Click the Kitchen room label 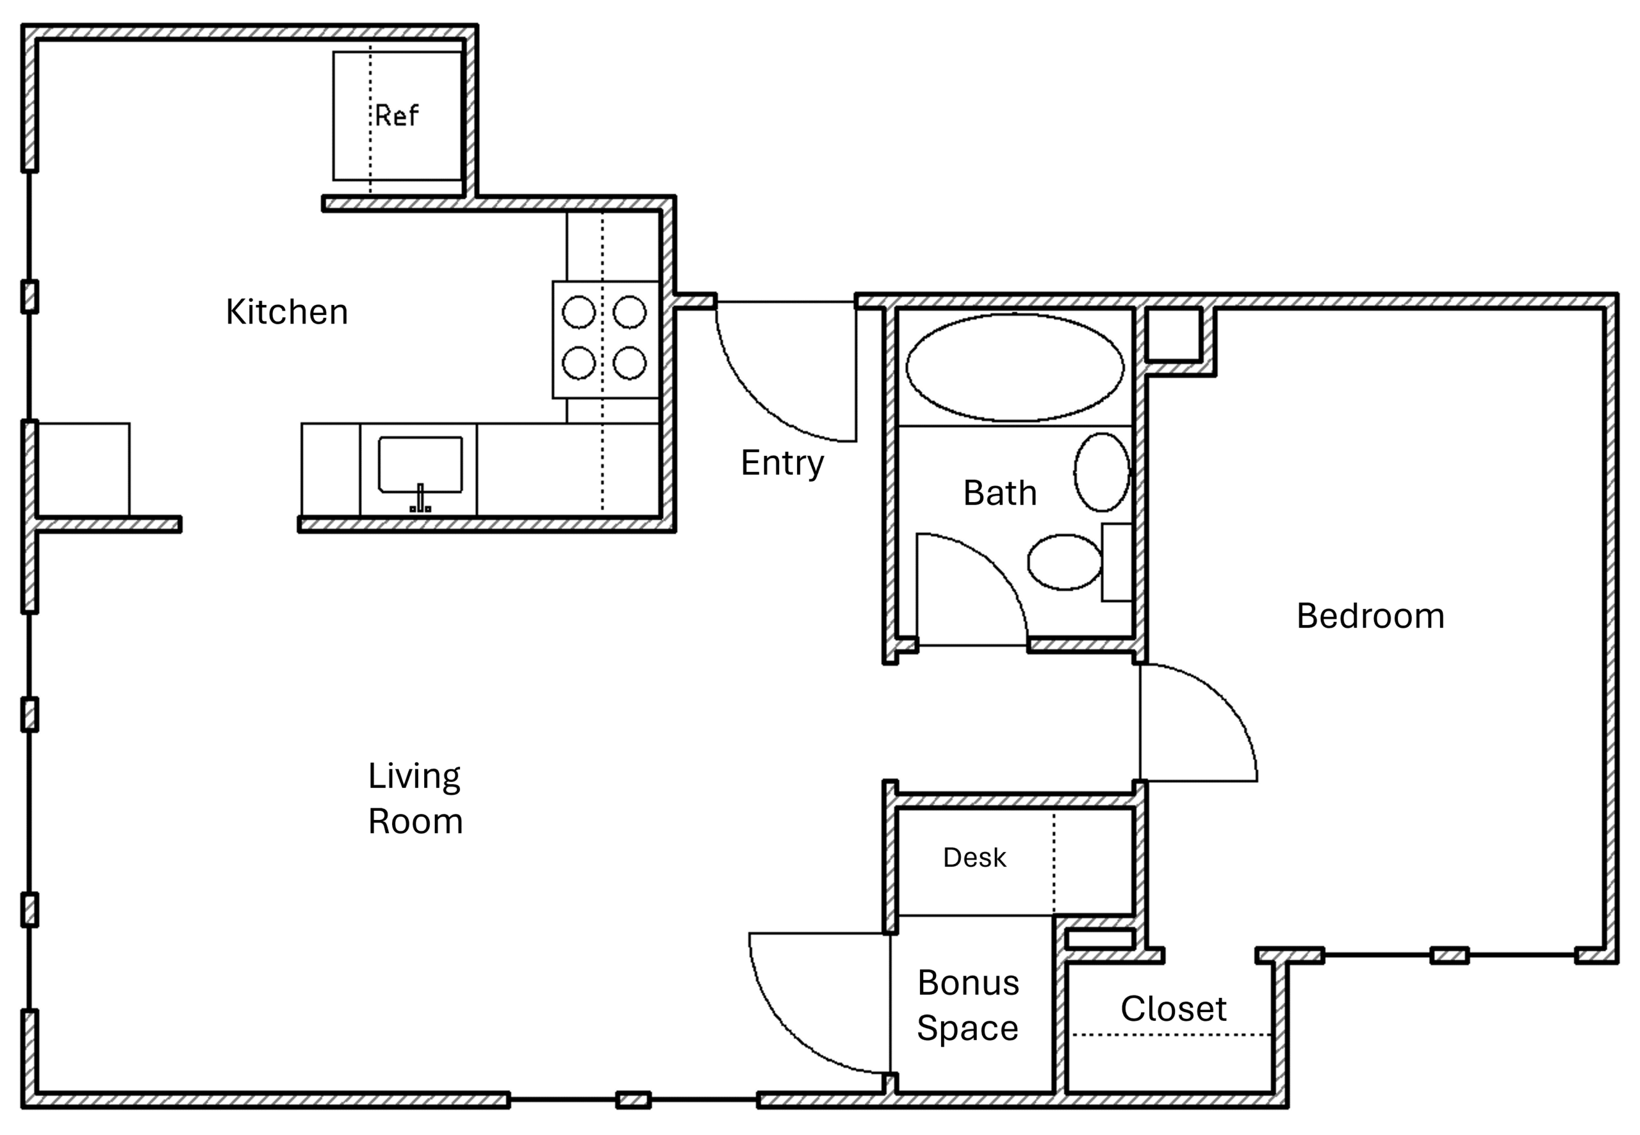coord(286,312)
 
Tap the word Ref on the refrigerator coord(397,116)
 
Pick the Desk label coord(974,858)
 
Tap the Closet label coord(1174,1009)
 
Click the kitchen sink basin coord(420,464)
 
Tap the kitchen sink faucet coord(420,498)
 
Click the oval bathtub coord(1015,368)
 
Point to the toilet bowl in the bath coord(1065,562)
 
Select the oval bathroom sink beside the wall coord(1102,472)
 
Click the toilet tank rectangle coord(1117,562)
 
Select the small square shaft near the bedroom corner coord(1174,334)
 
